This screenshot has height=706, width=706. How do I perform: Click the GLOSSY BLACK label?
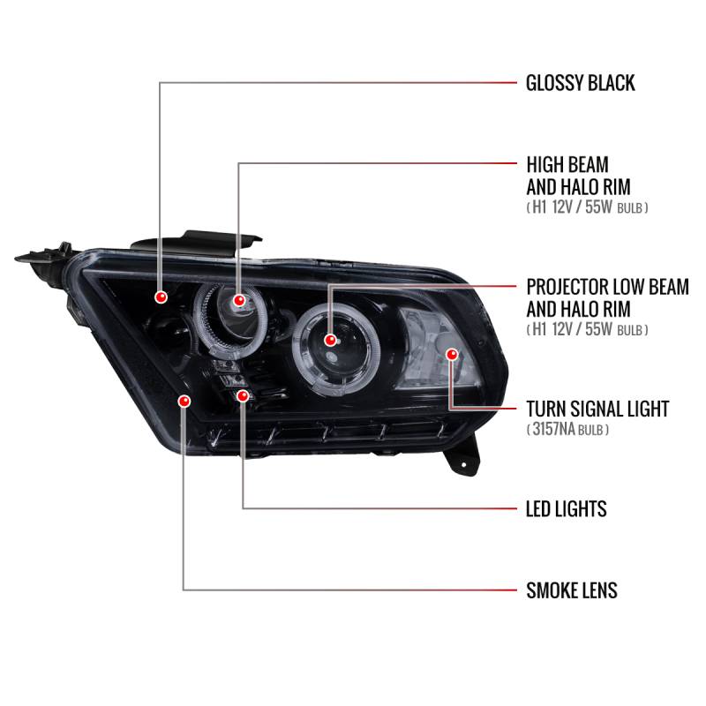pos(580,83)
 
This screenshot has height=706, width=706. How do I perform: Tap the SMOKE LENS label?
pos(571,590)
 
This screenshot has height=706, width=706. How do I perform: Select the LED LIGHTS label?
pos(566,509)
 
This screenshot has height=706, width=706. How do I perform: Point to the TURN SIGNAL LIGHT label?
pos(597,409)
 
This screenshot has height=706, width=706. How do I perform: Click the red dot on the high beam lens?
pos(238,302)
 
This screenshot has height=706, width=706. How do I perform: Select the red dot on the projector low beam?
pos(330,340)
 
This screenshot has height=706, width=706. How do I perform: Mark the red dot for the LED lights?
pos(242,397)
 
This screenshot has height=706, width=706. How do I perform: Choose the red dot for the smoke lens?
pos(184,402)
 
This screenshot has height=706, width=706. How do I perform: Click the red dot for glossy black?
pos(160,296)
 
